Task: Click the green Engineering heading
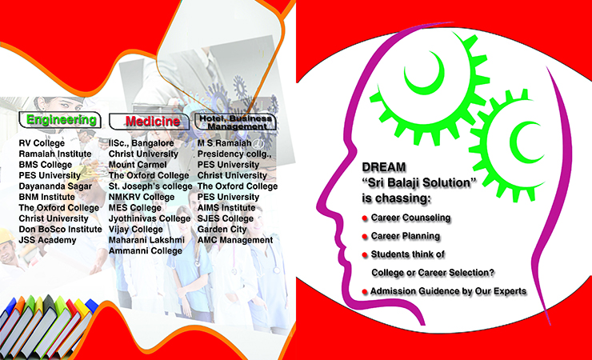coord(61,120)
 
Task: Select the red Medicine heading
coord(153,122)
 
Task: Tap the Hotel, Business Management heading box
coord(235,122)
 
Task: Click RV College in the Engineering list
coord(42,143)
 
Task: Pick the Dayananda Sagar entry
coord(55,186)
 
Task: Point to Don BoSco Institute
coord(61,230)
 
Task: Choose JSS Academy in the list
coord(47,240)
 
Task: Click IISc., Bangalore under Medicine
coord(142,144)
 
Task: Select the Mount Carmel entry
coord(138,165)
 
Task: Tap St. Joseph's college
coord(150,186)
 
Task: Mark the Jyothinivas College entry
coord(150,219)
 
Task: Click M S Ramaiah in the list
coord(224,143)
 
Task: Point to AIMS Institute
coord(226,208)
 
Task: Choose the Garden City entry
coord(222,230)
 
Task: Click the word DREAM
coord(384,167)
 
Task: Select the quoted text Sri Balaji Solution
coord(419,183)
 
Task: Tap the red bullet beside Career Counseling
coord(365,218)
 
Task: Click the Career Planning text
coord(406,236)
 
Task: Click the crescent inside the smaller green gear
coord(519,142)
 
